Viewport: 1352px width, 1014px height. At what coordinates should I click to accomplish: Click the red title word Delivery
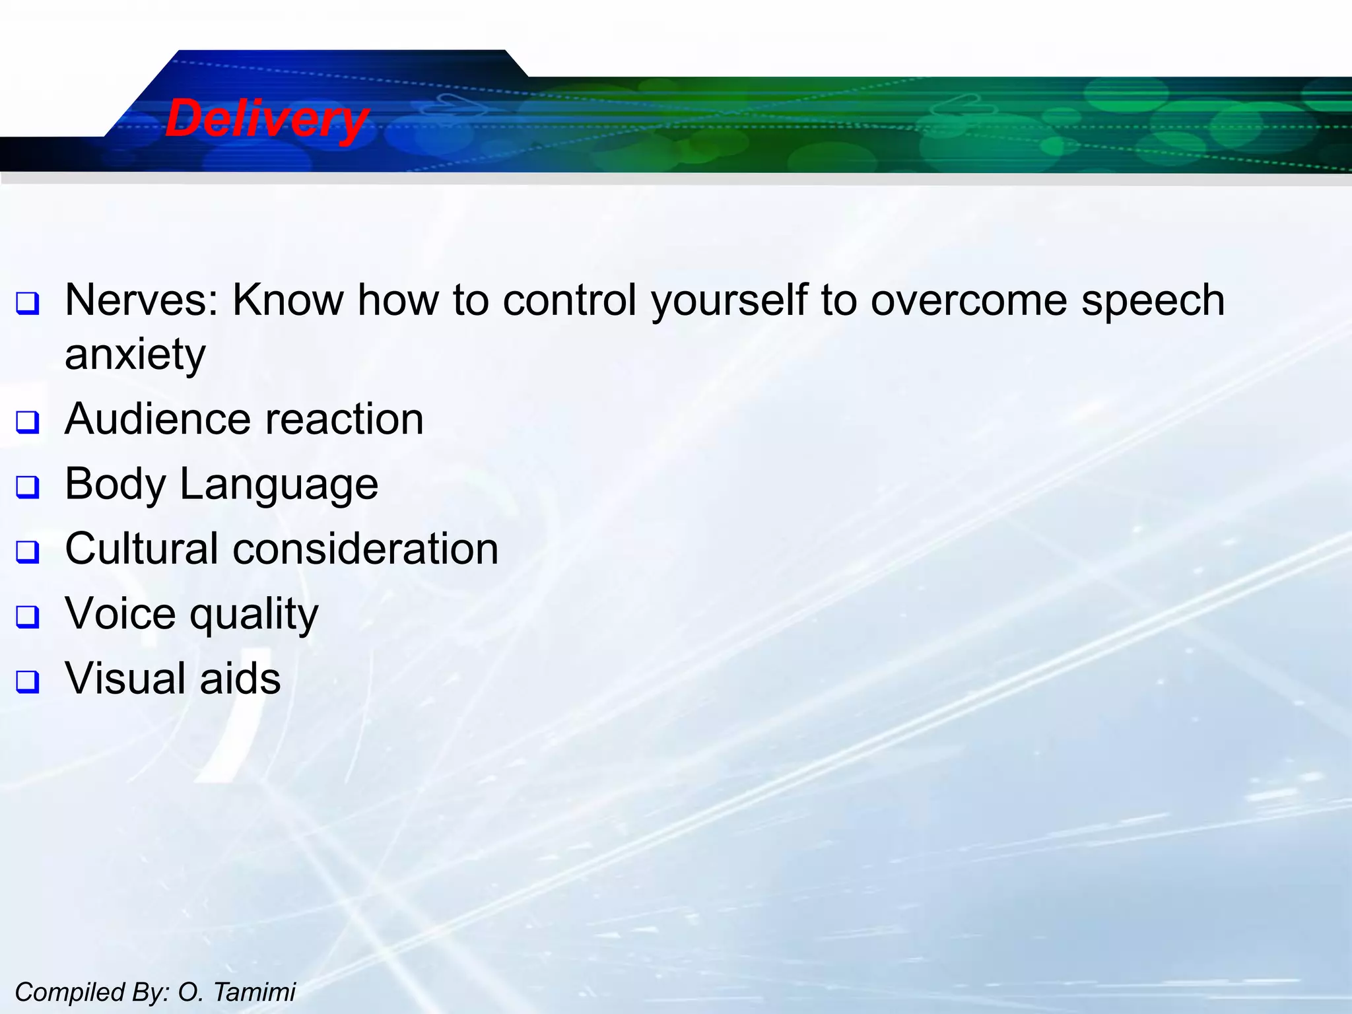pyautogui.click(x=266, y=119)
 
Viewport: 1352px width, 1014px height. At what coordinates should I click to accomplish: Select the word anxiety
pyautogui.click(x=135, y=355)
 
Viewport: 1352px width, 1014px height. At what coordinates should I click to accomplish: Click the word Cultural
pyautogui.click(x=141, y=549)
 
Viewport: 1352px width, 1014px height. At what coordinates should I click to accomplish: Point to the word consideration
pyautogui.click(x=366, y=549)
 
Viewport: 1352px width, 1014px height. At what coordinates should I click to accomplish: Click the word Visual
pyautogui.click(x=125, y=679)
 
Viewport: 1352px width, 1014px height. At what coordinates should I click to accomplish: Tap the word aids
pyautogui.click(x=240, y=679)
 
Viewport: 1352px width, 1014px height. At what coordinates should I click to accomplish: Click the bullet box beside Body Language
pyautogui.click(x=28, y=488)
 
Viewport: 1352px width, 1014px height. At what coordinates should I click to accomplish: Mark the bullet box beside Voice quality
pyautogui.click(x=28, y=617)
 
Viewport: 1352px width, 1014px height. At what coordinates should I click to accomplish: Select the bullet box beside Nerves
pyautogui.click(x=28, y=304)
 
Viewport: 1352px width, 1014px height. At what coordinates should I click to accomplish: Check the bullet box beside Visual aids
pyautogui.click(x=28, y=681)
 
